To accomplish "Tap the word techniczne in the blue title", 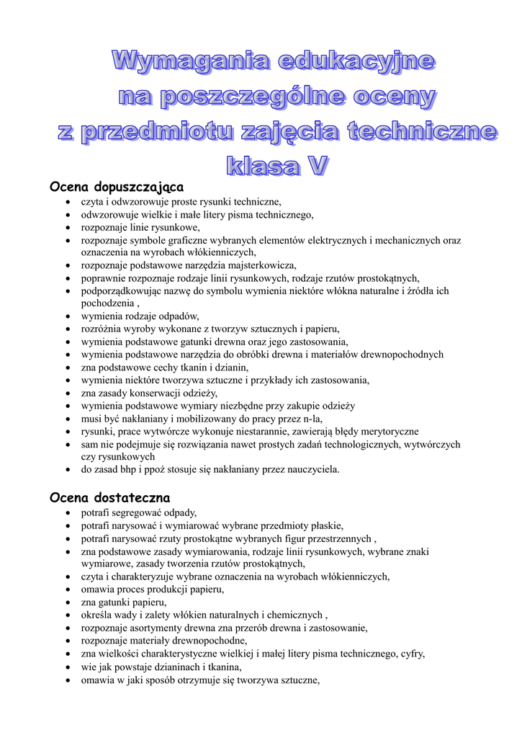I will click(422, 132).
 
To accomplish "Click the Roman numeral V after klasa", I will click(315, 166).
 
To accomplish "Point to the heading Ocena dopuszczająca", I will click(117, 187).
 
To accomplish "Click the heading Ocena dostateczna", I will click(109, 497).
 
